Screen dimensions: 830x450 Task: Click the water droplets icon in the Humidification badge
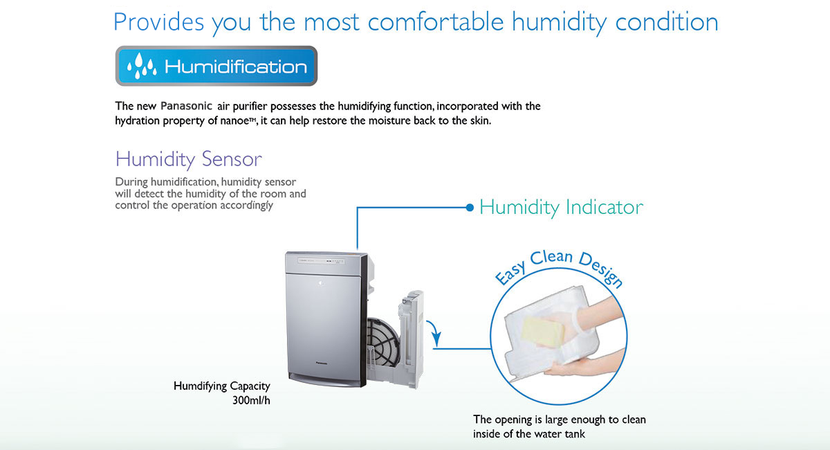coord(142,66)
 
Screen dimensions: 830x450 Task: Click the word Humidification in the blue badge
coord(236,66)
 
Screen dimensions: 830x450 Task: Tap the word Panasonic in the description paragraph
coord(186,106)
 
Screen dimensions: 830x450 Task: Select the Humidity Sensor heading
coord(189,159)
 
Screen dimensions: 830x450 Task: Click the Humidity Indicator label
coord(562,208)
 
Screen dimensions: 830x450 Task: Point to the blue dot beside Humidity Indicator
coord(470,208)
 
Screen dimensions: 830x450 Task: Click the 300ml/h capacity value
coord(251,401)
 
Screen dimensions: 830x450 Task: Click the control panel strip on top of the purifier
coord(322,261)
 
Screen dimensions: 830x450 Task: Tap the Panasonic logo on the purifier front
coord(322,363)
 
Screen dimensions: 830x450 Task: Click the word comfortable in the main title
coord(435,21)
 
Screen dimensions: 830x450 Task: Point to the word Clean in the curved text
coord(551,257)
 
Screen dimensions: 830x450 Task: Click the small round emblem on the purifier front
coord(321,283)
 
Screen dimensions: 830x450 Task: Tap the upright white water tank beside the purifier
coord(412,339)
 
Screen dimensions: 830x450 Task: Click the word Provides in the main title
coord(158,21)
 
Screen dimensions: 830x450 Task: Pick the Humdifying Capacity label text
coord(222,386)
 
